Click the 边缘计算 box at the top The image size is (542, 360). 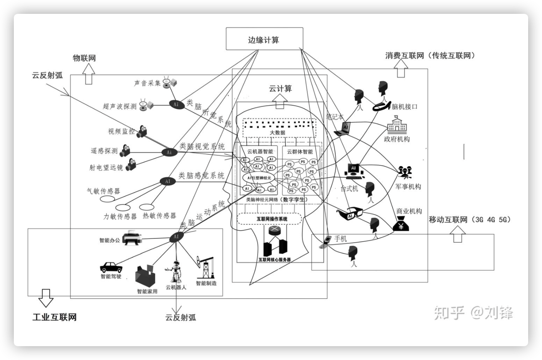pyautogui.click(x=264, y=39)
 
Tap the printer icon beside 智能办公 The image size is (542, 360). pyautogui.click(x=132, y=238)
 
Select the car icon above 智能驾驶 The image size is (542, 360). pyautogui.click(x=111, y=267)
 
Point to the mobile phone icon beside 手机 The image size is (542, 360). pyautogui.click(x=326, y=241)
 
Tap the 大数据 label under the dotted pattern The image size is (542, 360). pyautogui.click(x=277, y=133)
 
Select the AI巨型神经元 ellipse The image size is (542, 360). pyautogui.click(x=259, y=178)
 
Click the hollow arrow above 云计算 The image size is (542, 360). pyautogui.click(x=279, y=102)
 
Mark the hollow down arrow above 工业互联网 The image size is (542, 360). pyautogui.click(x=45, y=298)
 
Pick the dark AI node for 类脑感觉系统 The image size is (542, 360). pyautogui.click(x=167, y=181)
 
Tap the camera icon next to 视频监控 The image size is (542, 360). pyautogui.click(x=142, y=131)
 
